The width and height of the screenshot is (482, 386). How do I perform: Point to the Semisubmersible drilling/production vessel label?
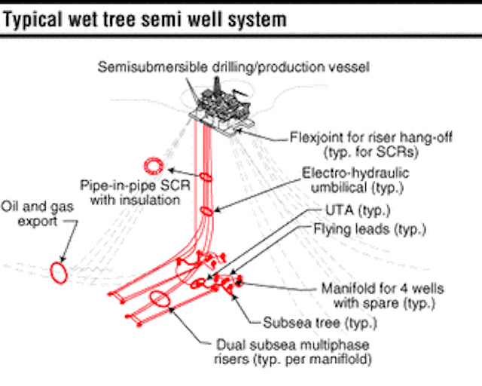click(234, 67)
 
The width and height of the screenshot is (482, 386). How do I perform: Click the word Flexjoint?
click(317, 138)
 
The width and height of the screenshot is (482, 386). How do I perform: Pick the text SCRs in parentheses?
click(377, 153)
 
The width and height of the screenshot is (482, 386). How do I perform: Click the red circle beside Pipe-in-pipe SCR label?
click(154, 164)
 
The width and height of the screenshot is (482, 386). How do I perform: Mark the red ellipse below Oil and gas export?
click(59, 271)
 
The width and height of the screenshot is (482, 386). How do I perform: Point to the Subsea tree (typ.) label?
click(320, 323)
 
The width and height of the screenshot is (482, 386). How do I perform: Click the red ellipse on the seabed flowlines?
click(160, 299)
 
